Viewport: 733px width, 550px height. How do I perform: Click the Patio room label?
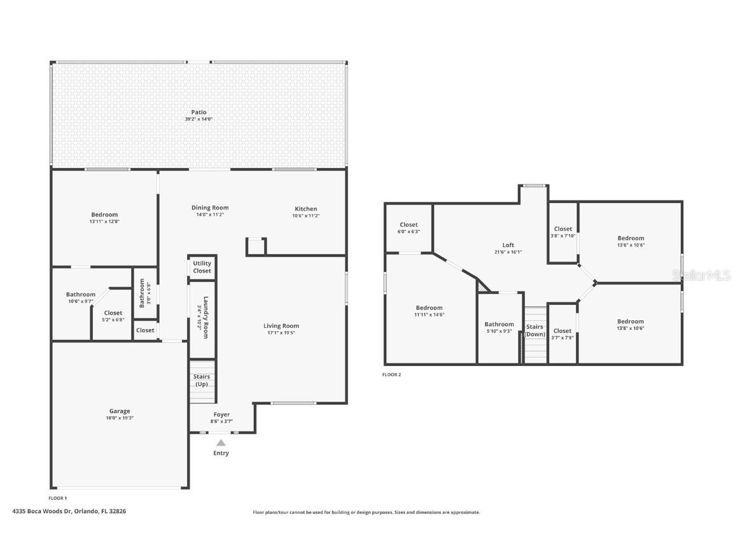[199, 112]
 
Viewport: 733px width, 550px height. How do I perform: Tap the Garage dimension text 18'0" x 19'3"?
[120, 418]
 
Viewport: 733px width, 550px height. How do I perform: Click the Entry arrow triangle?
[221, 442]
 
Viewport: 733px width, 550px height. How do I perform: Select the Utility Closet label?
[202, 267]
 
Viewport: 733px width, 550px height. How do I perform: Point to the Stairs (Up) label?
[202, 380]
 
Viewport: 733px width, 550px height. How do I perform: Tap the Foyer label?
[221, 414]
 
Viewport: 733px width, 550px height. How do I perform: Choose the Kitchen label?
[305, 209]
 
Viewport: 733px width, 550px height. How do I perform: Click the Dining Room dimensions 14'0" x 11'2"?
[210, 215]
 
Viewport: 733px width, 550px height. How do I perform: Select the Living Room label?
[281, 326]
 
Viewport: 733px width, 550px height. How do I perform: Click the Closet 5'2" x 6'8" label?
[113, 313]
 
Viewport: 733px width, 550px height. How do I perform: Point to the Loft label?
[508, 245]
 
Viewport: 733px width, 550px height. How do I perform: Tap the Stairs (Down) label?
[534, 330]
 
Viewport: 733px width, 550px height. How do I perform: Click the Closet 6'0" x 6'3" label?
[408, 225]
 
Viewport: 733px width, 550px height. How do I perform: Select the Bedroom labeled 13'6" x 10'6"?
[631, 238]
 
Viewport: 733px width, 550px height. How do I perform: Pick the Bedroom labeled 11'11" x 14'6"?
[429, 308]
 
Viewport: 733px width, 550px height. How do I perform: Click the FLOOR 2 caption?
[391, 375]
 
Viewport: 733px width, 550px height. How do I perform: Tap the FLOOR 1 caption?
[57, 498]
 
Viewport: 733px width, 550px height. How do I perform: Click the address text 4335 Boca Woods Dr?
[42, 511]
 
